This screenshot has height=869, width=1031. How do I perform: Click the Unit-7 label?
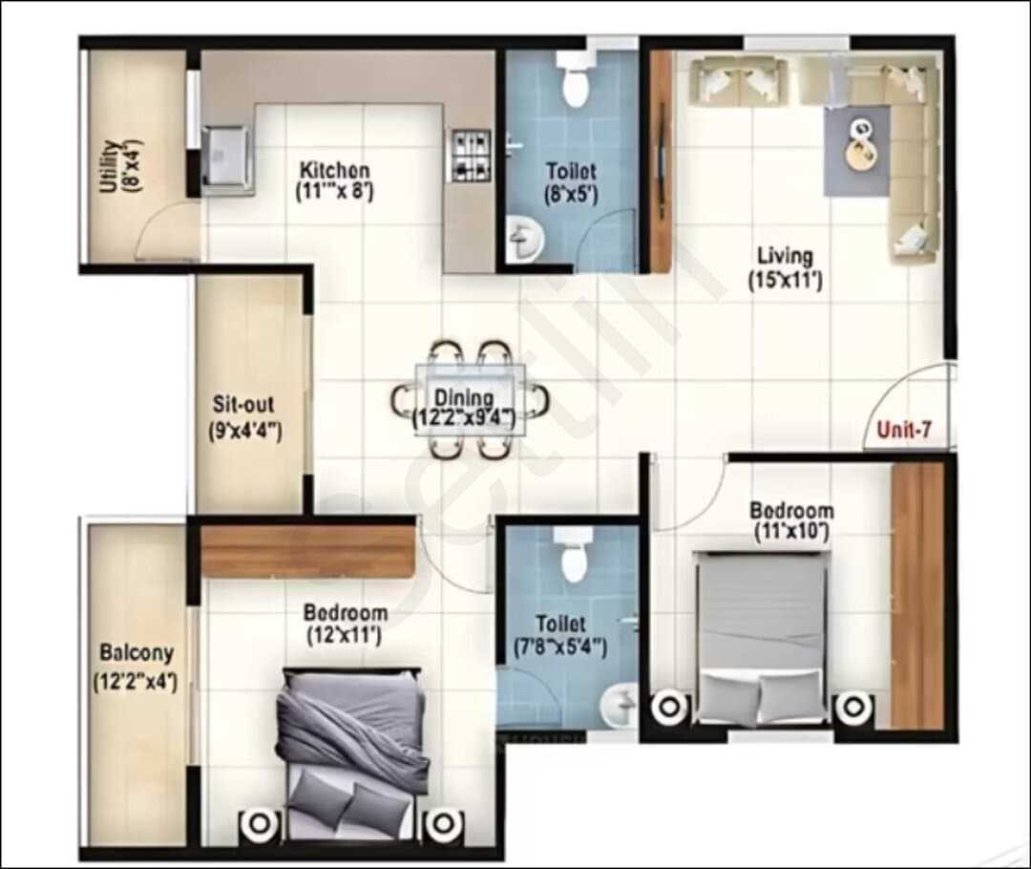(904, 431)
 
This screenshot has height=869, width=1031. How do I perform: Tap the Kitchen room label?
(335, 170)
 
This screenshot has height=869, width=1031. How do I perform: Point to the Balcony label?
(137, 652)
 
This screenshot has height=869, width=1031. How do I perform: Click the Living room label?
(785, 255)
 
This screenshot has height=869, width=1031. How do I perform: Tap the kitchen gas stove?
(471, 156)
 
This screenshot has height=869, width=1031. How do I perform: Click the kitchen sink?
(226, 157)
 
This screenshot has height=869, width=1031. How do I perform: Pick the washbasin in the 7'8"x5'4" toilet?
(618, 705)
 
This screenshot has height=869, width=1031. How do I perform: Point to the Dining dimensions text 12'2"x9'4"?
(464, 417)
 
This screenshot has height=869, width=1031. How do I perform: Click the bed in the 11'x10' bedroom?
(762, 638)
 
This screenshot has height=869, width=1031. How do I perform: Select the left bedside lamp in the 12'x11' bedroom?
(260, 822)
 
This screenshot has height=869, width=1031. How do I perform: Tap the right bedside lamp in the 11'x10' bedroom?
(853, 708)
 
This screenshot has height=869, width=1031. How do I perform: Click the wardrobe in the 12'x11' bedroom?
(308, 550)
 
